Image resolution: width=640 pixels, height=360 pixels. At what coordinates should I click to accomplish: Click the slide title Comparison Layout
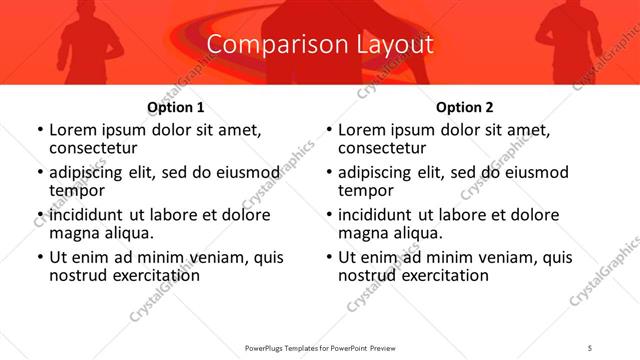(x=320, y=45)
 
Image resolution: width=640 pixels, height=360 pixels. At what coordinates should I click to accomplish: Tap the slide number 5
(x=590, y=348)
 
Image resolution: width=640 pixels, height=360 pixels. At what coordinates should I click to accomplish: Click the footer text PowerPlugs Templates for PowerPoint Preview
(x=320, y=348)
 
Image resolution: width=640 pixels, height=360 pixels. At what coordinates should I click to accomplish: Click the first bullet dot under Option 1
(x=40, y=130)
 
